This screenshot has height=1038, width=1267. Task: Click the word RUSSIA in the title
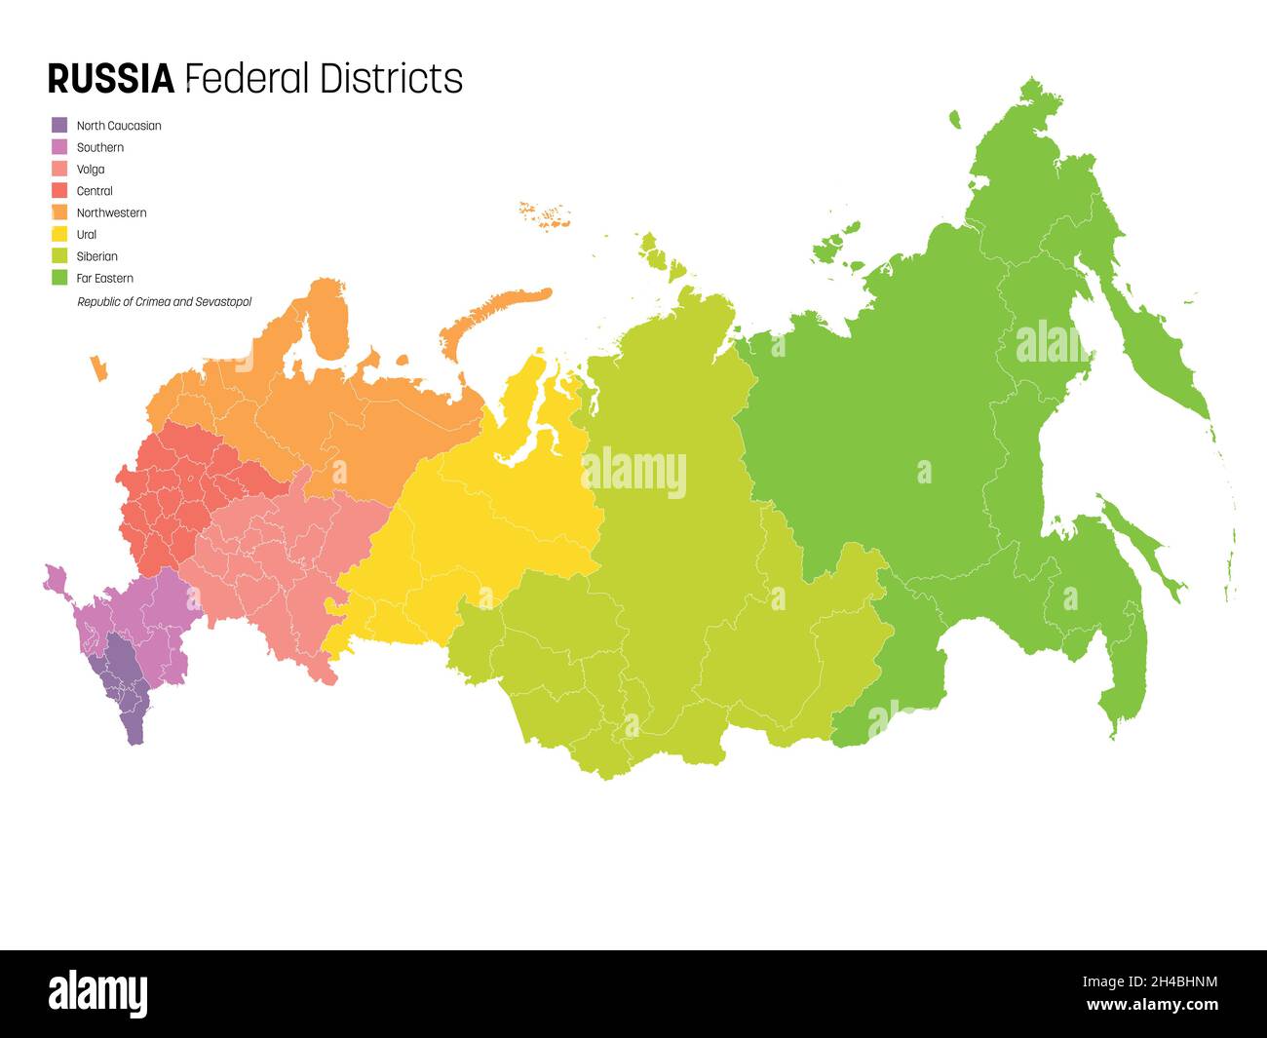click(x=110, y=79)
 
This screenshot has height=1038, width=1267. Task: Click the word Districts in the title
click(x=391, y=79)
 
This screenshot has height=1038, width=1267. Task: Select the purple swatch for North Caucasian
click(x=59, y=126)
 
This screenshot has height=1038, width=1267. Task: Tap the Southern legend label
click(x=99, y=147)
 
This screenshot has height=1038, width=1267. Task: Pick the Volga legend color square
click(x=59, y=170)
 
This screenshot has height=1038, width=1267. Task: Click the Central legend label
click(x=95, y=191)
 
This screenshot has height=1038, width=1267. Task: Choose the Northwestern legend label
click(x=111, y=212)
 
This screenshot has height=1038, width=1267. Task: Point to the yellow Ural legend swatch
click(x=59, y=235)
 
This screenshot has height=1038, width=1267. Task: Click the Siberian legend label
click(x=96, y=256)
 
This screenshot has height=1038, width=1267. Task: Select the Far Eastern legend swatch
click(x=59, y=279)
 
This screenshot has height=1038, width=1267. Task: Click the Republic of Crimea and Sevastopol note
click(x=164, y=302)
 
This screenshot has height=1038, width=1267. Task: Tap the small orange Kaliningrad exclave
click(x=98, y=368)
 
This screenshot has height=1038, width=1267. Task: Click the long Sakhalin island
click(x=1140, y=546)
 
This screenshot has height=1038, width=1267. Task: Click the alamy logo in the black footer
click(x=97, y=993)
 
